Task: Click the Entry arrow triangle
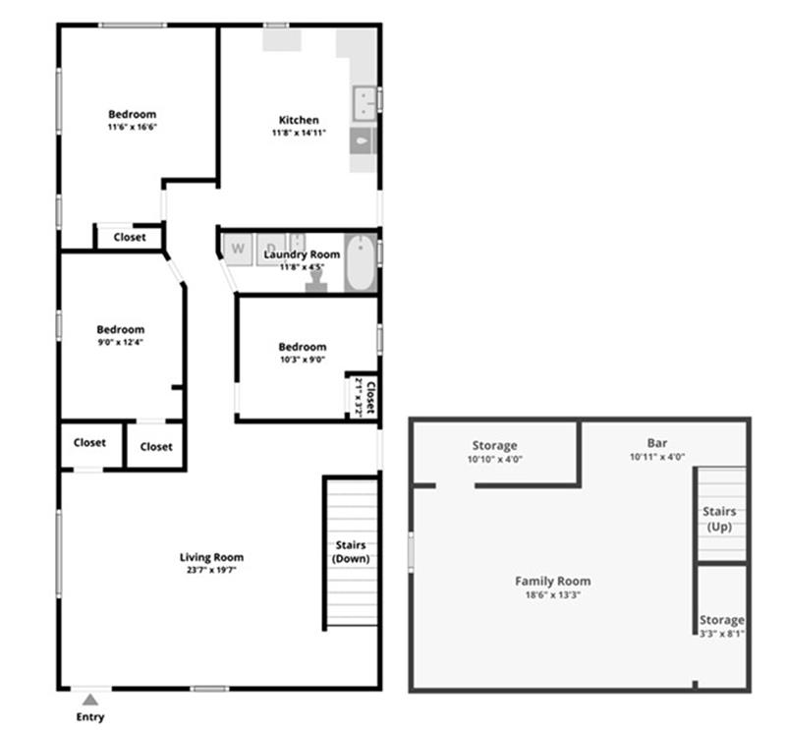coord(90,700)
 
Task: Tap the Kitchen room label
coord(299,120)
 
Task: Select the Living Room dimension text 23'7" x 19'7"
coord(211,570)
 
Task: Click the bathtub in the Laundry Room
coord(361,262)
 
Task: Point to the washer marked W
coord(238,249)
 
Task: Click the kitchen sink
coord(365,103)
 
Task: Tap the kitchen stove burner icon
coord(362,140)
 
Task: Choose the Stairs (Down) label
coord(351,551)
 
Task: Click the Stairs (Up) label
coord(719,519)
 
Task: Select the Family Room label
coord(553,581)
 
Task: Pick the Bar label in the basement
coord(657,443)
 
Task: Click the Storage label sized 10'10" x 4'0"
coord(495,445)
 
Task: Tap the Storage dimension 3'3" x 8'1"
coord(722,634)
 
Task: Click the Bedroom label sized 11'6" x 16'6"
coord(133,114)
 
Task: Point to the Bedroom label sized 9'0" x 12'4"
coord(120,329)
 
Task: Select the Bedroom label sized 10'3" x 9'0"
coord(303,347)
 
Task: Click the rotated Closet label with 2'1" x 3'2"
coord(370,398)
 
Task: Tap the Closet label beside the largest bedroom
coord(130,237)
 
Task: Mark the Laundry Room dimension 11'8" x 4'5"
coord(302,267)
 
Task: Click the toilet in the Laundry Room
coord(316,282)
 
